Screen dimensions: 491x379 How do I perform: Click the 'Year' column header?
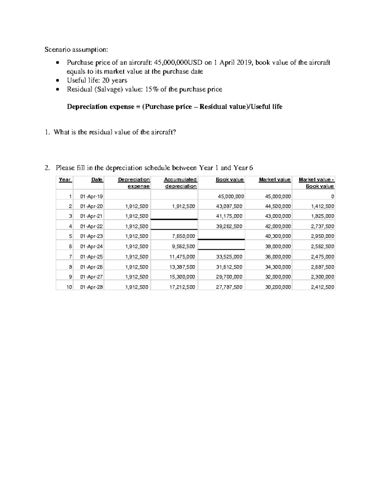65,180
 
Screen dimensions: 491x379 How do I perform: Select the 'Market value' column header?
274,180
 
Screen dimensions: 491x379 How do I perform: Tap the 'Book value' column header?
230,180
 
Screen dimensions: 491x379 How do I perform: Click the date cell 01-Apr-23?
91,236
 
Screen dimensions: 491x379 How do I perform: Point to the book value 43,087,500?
229,206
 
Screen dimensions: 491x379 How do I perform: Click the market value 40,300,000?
278,236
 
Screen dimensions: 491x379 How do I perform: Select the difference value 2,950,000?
322,236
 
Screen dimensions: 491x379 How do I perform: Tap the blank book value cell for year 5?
221,236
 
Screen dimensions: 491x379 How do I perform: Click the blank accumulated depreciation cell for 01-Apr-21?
174,216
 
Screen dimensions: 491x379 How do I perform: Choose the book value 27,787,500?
229,287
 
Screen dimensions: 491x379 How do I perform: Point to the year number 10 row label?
69,287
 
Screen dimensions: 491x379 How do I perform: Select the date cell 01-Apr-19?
91,196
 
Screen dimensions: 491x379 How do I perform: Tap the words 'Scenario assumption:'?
76,50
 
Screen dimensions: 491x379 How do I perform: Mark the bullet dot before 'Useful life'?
57,81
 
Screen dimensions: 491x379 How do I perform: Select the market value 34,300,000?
278,267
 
